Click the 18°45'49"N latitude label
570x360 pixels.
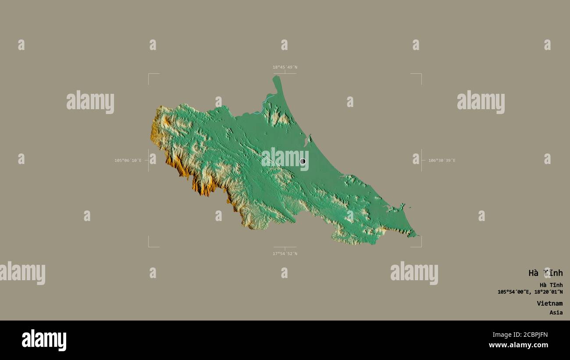tap(285, 67)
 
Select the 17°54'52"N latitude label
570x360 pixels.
tap(285, 253)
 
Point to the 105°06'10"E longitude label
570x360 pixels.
tap(128, 160)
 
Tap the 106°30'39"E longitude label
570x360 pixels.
tap(442, 160)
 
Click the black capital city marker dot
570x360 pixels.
tap(303, 161)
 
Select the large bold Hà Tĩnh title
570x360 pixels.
tap(545, 273)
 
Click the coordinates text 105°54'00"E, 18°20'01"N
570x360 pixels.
tap(530, 292)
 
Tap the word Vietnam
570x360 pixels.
tap(549, 303)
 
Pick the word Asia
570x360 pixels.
tap(556, 313)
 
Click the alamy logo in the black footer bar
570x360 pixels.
tap(44, 340)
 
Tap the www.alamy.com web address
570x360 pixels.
tap(518, 345)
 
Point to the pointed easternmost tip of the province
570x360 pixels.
tap(415, 235)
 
